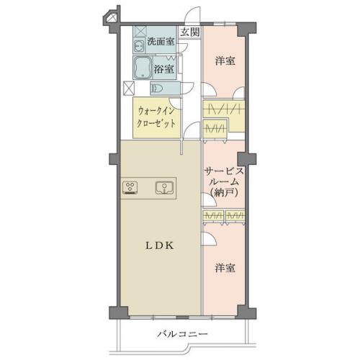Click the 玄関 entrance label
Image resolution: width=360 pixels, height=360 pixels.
click(x=190, y=32)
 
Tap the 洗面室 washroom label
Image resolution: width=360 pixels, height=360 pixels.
click(x=161, y=42)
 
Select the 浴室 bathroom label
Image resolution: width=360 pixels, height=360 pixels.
click(x=164, y=69)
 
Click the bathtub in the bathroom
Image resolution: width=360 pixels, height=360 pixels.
click(x=143, y=68)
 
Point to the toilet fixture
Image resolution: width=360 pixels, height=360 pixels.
click(x=157, y=89)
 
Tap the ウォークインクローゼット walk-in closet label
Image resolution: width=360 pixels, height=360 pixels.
click(x=156, y=117)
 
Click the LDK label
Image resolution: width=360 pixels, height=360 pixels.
click(x=159, y=246)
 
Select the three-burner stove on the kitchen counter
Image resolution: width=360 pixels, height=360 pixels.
click(x=130, y=187)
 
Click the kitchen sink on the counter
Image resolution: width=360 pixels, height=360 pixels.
click(x=164, y=187)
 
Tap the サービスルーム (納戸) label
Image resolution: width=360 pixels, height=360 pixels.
click(x=224, y=182)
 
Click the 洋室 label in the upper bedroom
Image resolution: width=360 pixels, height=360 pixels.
click(x=225, y=61)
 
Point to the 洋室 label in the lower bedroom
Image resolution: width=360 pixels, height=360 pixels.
click(x=225, y=268)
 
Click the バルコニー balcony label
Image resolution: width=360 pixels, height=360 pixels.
click(x=182, y=334)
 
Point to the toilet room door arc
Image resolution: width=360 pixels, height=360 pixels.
click(x=189, y=86)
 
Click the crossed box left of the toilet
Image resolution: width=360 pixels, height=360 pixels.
click(x=129, y=89)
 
